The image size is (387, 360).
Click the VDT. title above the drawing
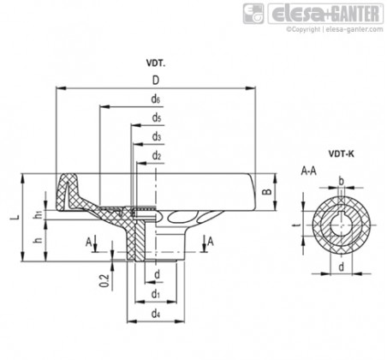point(156,63)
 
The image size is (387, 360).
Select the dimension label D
point(156,81)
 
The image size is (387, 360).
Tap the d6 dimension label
point(156,99)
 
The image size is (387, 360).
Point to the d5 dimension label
point(157,117)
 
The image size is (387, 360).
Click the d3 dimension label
point(157,137)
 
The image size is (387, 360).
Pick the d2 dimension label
point(157,156)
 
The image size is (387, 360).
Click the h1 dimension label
point(39,214)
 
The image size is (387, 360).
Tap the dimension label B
point(267,191)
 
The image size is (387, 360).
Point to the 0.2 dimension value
point(104,280)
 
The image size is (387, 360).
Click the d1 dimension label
point(155,294)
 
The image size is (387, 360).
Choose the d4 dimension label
point(155,314)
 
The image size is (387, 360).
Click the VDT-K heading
point(342,154)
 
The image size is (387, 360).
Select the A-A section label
point(309,171)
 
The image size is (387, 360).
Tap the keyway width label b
point(341,181)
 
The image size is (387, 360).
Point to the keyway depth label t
point(298,225)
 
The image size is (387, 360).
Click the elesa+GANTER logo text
point(325,14)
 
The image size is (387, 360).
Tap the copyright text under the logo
point(335,29)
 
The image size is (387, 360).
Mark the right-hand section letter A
point(211,242)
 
